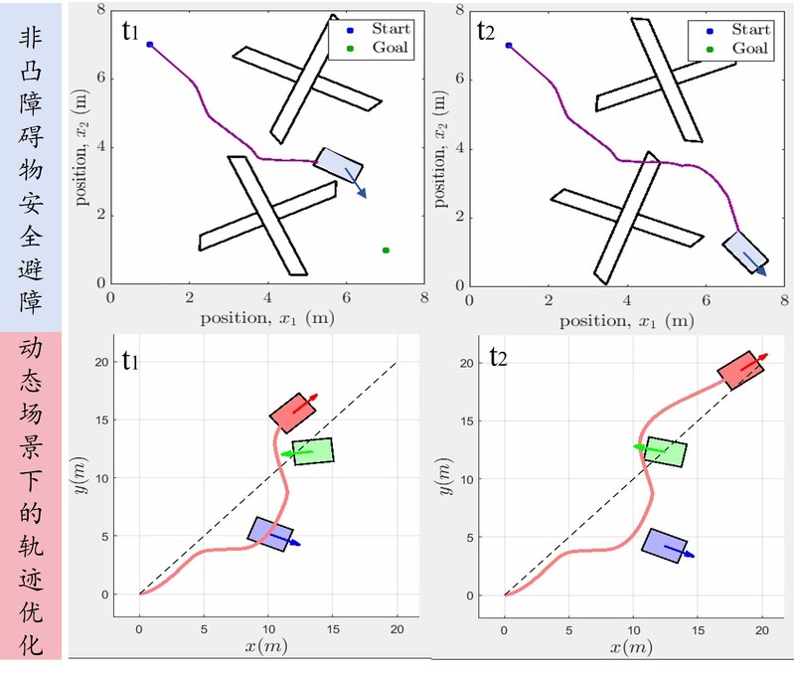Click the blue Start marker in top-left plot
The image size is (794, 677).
pos(150,45)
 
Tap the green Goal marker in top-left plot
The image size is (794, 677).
pos(386,251)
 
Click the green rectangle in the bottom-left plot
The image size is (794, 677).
pos(313,451)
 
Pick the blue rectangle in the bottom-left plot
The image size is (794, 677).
pos(270,534)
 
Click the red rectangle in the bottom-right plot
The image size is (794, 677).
pos(740,370)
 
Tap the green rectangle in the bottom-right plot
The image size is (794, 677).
pos(666,452)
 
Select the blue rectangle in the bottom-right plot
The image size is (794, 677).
pos(663,546)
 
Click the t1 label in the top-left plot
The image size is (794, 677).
pos(132,31)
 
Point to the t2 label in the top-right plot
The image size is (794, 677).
pos(487,31)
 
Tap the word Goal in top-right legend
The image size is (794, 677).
pos(750,48)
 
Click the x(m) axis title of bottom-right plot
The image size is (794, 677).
pos(634,648)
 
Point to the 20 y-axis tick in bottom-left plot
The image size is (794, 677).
pos(114,363)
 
